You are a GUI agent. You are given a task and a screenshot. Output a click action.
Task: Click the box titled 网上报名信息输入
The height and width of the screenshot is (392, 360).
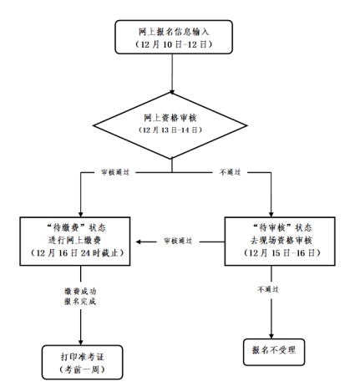174,37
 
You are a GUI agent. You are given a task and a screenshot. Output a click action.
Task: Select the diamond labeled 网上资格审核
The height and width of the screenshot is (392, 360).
170,125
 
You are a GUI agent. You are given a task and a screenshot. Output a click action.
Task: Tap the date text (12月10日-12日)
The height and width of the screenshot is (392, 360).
174,44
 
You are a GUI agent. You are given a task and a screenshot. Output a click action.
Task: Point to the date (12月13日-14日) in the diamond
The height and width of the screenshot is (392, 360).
170,130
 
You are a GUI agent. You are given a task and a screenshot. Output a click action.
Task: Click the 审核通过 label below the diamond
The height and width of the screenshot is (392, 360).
115,172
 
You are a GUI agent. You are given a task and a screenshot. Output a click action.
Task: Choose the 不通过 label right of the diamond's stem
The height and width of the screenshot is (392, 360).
231,172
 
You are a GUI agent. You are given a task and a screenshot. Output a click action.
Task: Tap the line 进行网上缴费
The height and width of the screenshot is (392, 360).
75,240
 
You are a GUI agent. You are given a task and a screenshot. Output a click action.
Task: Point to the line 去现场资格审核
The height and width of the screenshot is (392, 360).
281,240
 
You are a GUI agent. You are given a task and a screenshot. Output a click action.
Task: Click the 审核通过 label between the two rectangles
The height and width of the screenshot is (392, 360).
178,241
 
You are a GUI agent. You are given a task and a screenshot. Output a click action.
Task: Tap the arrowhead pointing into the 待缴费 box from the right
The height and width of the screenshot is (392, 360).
139,242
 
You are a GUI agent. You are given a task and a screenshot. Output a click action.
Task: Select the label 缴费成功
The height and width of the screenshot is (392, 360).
80,292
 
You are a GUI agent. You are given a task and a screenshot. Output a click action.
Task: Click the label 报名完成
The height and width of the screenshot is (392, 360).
80,301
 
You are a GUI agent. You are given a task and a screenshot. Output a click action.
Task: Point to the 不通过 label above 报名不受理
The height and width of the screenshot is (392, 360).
268,289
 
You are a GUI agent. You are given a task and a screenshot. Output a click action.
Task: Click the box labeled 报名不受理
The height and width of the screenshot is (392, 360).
274,352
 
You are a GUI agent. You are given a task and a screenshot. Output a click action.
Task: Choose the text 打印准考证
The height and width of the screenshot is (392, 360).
83,357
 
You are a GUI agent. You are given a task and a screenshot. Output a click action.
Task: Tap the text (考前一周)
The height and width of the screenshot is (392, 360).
83,369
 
